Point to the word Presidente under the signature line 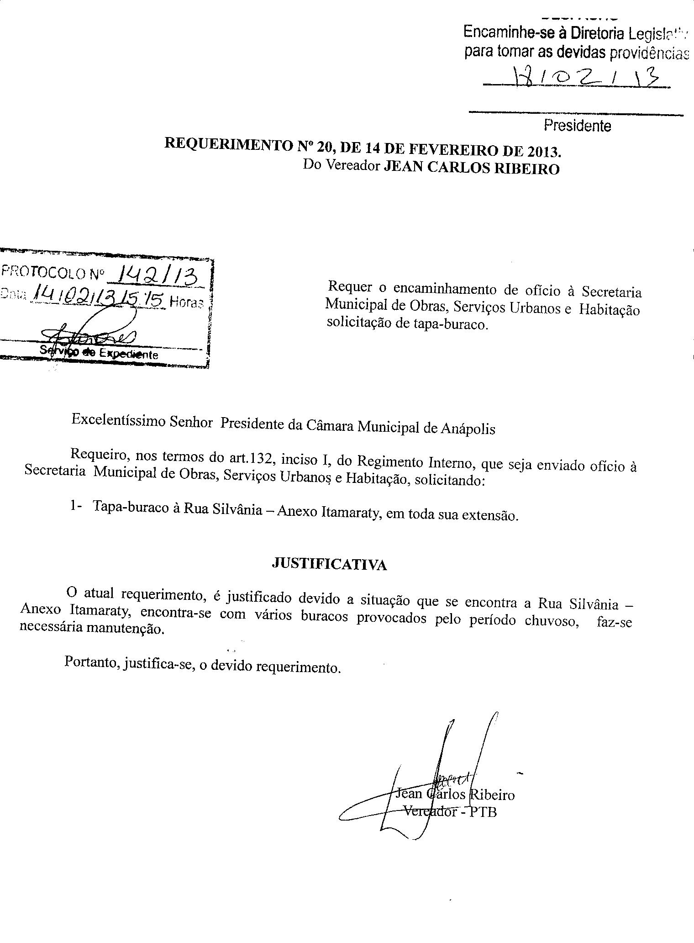click(x=577, y=125)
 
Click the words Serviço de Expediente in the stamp click(x=99, y=352)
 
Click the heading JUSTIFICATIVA click(x=329, y=565)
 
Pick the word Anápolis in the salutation click(x=468, y=428)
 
